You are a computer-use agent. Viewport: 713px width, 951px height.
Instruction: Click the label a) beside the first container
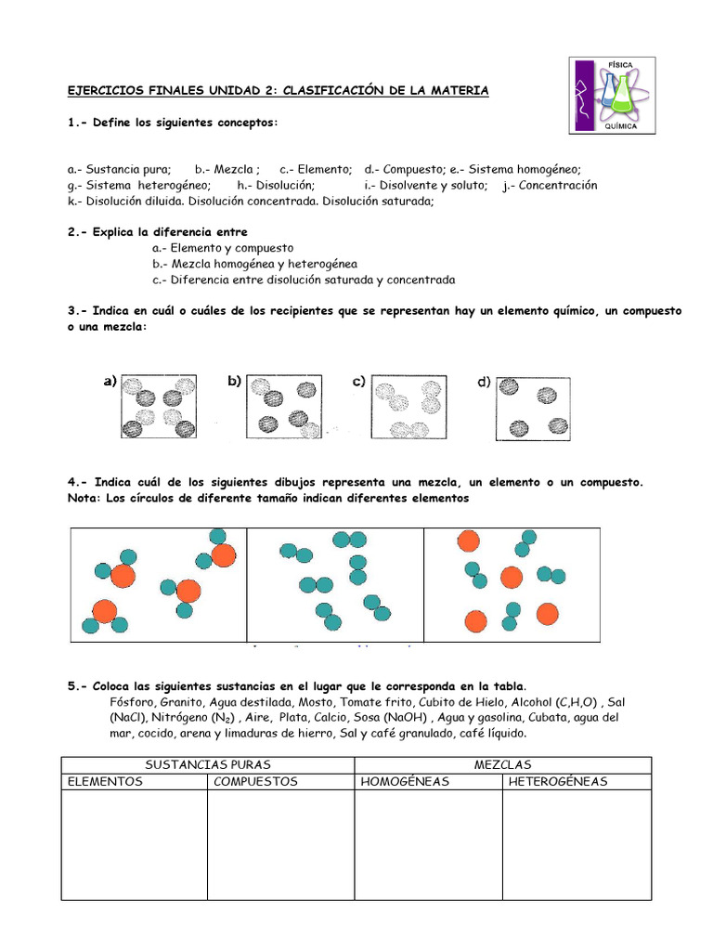click(x=110, y=381)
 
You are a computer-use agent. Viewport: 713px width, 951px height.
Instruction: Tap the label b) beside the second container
click(x=234, y=381)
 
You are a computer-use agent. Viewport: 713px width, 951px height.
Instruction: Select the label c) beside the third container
click(x=357, y=381)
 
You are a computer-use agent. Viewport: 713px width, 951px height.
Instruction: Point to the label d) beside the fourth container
click(x=484, y=381)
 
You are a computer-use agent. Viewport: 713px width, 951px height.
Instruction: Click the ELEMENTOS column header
click(x=105, y=781)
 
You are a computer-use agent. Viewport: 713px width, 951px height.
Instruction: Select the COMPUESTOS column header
click(x=255, y=781)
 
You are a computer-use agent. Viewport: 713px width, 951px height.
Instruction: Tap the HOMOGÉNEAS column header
click(x=404, y=781)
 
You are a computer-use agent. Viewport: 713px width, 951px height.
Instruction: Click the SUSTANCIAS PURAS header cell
click(x=208, y=764)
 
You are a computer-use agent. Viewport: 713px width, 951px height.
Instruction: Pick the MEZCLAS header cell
click(x=502, y=764)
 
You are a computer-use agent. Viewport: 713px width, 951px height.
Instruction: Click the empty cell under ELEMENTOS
click(x=134, y=844)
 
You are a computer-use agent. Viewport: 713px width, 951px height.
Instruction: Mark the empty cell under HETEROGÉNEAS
click(x=577, y=844)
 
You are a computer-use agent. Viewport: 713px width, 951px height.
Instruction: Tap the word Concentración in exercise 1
click(x=557, y=185)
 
